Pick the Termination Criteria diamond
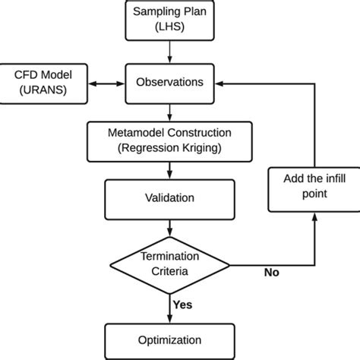tap(169, 261)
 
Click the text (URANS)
tap(41, 90)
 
